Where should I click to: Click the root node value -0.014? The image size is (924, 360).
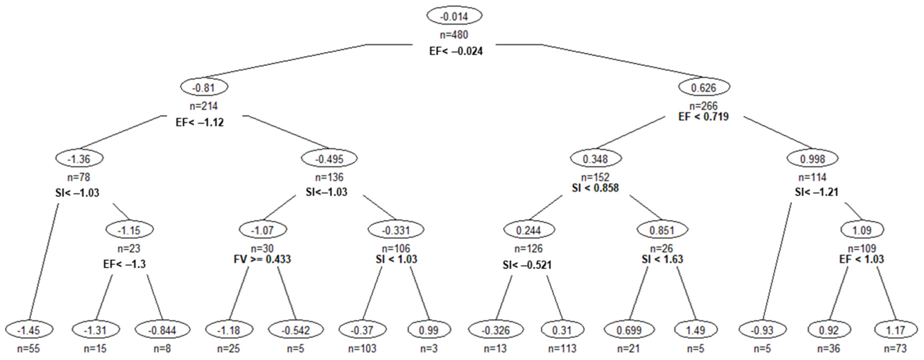point(454,16)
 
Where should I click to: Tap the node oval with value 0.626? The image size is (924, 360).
point(703,87)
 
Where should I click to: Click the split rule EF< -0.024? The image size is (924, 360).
point(456,51)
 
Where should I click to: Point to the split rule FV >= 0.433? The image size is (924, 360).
point(262,259)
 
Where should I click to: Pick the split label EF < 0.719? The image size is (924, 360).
point(703,117)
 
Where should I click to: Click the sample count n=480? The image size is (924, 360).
point(454,35)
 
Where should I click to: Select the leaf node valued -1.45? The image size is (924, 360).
point(29,329)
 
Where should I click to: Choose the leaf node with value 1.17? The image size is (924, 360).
point(896,329)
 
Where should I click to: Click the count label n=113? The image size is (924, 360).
point(562,348)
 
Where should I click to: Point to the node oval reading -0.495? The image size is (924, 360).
point(329,159)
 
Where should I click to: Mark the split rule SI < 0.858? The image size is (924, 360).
point(595,188)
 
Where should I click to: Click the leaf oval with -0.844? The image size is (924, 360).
point(162,329)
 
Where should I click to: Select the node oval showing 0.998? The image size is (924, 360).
point(812,159)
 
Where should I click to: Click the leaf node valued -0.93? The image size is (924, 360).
point(762,329)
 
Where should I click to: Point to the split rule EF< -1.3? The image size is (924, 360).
point(124,264)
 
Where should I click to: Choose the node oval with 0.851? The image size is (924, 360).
point(662,230)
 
